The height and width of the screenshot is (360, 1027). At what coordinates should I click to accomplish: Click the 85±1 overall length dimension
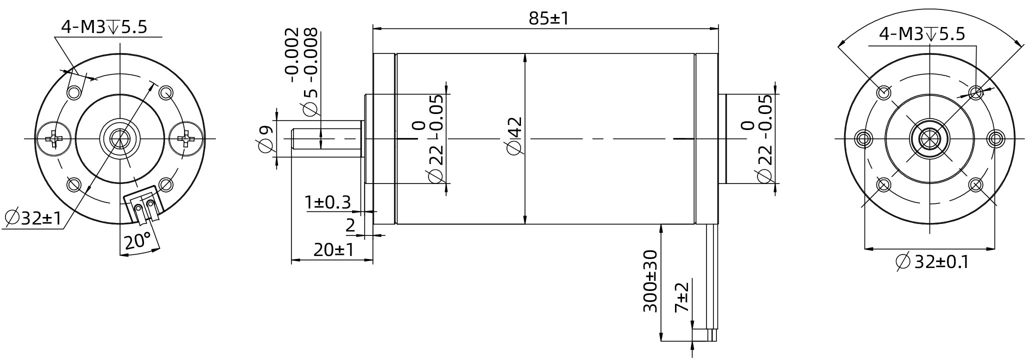coord(548,18)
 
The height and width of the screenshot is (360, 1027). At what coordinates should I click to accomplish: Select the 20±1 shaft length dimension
coord(333,249)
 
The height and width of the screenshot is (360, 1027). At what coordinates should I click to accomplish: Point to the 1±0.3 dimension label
coord(327,202)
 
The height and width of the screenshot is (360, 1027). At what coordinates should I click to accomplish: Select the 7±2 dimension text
coord(681,297)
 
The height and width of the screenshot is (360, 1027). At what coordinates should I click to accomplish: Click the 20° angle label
coord(137,241)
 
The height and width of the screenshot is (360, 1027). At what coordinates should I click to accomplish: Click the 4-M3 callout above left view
coord(104,26)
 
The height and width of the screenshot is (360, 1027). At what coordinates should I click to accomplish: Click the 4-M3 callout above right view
coord(921,34)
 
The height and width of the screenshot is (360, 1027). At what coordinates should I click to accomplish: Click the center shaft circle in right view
coord(929,138)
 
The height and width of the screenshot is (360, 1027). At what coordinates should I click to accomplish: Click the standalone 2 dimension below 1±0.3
coord(350,225)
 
